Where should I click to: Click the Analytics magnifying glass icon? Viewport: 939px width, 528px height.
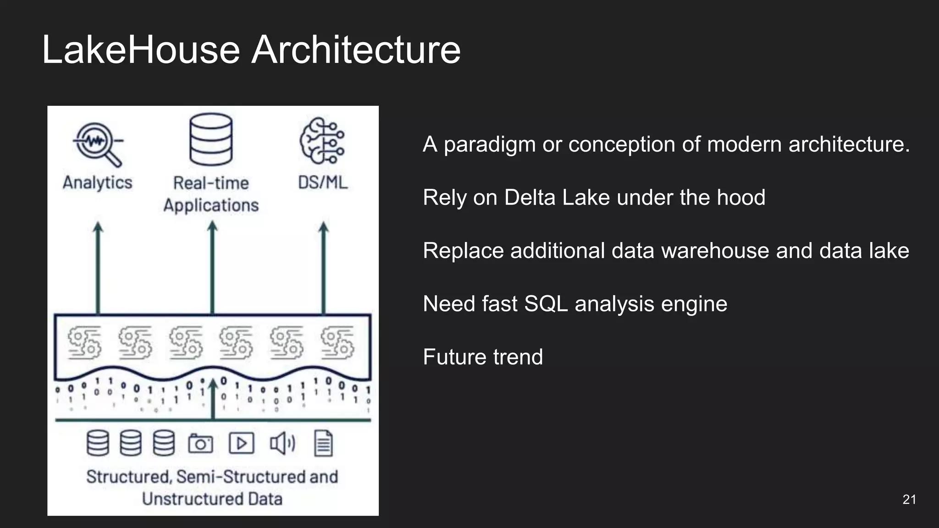pyautogui.click(x=98, y=143)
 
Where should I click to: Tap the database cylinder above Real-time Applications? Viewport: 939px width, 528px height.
pyautogui.click(x=211, y=139)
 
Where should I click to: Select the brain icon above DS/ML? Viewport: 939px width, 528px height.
pyautogui.click(x=322, y=141)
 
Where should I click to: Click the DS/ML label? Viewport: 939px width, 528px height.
pyautogui.click(x=323, y=182)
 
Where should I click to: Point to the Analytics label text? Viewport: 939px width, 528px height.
pyautogui.click(x=97, y=182)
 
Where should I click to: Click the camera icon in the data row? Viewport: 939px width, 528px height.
pyautogui.click(x=201, y=443)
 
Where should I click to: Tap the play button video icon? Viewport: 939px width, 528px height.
pyautogui.click(x=241, y=443)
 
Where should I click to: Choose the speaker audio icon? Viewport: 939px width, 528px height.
pyautogui.click(x=282, y=443)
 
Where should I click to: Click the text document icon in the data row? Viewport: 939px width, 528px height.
pyautogui.click(x=323, y=443)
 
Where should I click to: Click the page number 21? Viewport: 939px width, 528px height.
pyautogui.click(x=909, y=500)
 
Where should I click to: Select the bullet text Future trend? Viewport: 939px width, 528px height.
pyautogui.click(x=483, y=357)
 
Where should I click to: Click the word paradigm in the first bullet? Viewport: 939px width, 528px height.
pyautogui.click(x=490, y=145)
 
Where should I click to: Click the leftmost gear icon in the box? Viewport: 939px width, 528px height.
pyautogui.click(x=84, y=342)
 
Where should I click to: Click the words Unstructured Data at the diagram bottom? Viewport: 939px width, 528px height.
pyautogui.click(x=212, y=499)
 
